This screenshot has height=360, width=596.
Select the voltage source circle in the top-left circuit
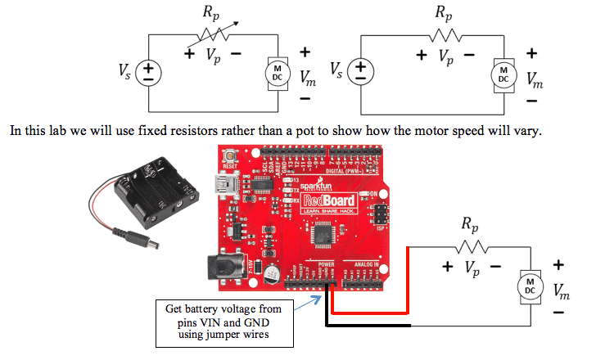coord(148,73)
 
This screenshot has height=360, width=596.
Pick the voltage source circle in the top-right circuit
coord(359,73)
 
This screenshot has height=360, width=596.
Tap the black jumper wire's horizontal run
coord(368,326)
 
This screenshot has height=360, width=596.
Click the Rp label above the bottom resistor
coord(468,223)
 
